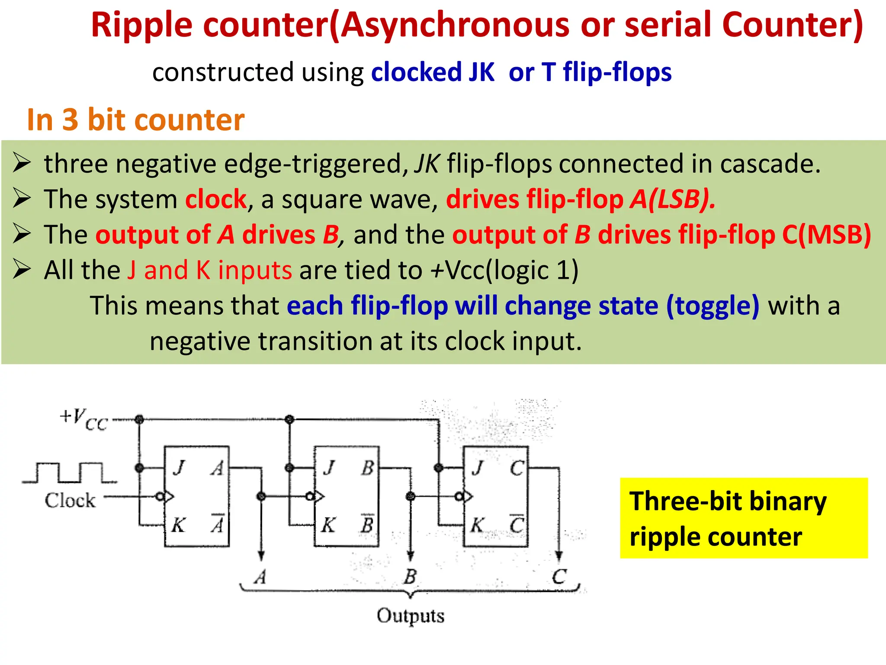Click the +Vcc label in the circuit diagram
(84, 419)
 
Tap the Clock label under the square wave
(70, 500)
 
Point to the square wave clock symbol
(69, 473)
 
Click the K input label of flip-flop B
(328, 525)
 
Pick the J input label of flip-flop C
(477, 468)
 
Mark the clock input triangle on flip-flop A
(169, 497)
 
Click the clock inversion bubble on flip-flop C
(459, 497)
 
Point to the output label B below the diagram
(410, 577)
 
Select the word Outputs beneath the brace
(410, 616)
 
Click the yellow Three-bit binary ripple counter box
(743, 518)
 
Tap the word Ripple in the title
(141, 25)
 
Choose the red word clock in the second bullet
(216, 199)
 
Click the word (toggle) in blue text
(713, 306)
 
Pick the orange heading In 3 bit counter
(135, 119)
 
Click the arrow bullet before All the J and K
(22, 270)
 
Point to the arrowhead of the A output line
(261, 555)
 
